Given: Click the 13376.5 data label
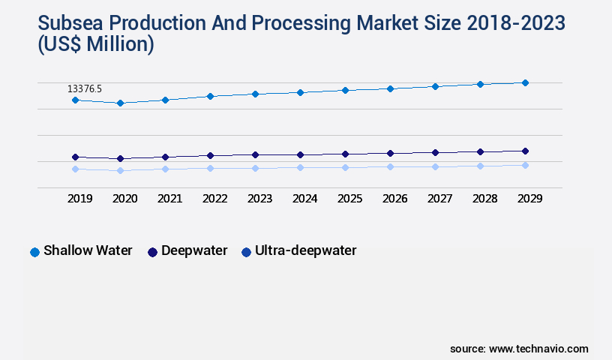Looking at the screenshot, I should pyautogui.click(x=85, y=89).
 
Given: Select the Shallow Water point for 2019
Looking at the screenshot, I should pyautogui.click(x=75, y=100).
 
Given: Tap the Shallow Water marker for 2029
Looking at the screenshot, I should pyautogui.click(x=525, y=82).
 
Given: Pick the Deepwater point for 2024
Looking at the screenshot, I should pyautogui.click(x=300, y=154).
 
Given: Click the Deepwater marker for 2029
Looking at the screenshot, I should pyautogui.click(x=525, y=151).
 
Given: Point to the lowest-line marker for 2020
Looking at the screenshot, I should pyautogui.click(x=120, y=170).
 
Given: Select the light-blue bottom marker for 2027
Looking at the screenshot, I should pyautogui.click(x=435, y=166).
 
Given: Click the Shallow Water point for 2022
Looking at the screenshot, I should pyautogui.click(x=210, y=96).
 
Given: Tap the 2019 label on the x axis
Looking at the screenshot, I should pyautogui.click(x=80, y=199).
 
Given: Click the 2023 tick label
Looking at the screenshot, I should pyautogui.click(x=260, y=199).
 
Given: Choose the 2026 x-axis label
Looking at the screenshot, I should pyautogui.click(x=395, y=199).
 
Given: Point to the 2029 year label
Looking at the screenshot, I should pyautogui.click(x=530, y=199).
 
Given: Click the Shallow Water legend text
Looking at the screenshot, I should pyautogui.click(x=88, y=250).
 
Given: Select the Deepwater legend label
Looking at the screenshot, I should pyautogui.click(x=194, y=250).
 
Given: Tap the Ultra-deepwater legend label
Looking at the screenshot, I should pyautogui.click(x=305, y=250).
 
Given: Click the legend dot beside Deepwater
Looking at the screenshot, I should pyautogui.click(x=153, y=252).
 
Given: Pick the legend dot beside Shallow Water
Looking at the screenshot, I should pyautogui.click(x=34, y=252).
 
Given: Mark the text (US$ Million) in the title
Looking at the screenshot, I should pyautogui.click(x=95, y=45).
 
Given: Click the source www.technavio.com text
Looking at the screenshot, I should pyautogui.click(x=519, y=349).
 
